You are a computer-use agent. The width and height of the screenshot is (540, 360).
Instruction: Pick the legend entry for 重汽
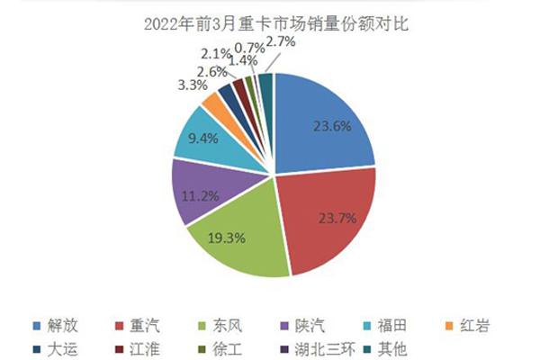point(143,323)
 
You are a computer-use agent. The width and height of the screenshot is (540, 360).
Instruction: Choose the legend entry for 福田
point(390,323)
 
